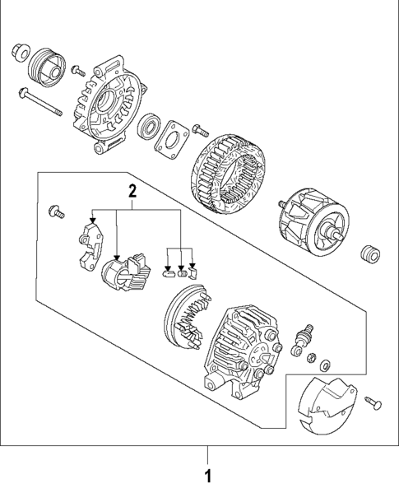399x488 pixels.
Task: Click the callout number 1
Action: click(207, 475)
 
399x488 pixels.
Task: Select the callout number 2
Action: click(132, 192)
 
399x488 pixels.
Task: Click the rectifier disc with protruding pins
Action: click(187, 319)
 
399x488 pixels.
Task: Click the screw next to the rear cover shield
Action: click(374, 401)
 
